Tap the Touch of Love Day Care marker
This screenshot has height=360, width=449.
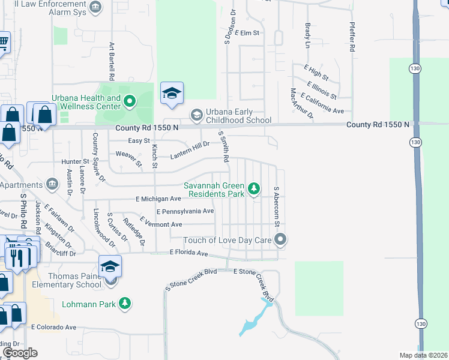[280, 240]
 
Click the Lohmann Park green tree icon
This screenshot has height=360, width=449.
[125, 304]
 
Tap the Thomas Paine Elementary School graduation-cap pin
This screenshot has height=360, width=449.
[110, 267]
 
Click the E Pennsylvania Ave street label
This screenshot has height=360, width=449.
[185, 211]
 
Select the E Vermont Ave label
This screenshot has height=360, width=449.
[160, 224]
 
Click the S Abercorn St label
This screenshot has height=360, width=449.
[277, 206]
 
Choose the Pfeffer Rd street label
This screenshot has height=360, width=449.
[352, 36]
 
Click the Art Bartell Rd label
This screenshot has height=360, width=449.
[111, 61]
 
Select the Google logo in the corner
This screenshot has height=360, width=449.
[20, 353]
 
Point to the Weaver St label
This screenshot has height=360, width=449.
[128, 159]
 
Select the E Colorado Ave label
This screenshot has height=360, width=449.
[54, 327]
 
